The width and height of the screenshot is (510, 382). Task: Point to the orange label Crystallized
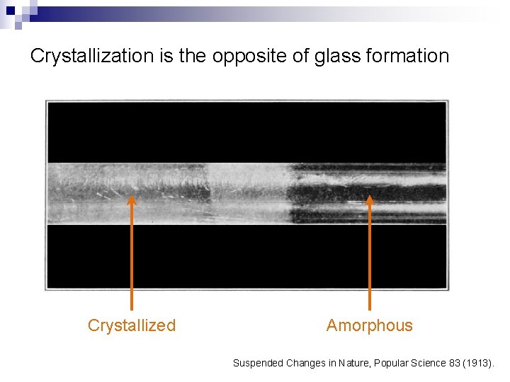131,325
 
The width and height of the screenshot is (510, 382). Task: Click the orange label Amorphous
369,325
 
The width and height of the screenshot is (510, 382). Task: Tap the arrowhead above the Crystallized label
131,201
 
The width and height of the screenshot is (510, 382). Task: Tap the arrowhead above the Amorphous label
369,201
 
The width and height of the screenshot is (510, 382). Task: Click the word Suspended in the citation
259,363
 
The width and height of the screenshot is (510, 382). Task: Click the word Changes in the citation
302,363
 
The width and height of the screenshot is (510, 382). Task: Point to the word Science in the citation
428,363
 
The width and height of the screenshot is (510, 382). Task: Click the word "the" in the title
194,57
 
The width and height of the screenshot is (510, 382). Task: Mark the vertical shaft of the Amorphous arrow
369,262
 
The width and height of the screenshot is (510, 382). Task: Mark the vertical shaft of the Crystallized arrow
131,262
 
